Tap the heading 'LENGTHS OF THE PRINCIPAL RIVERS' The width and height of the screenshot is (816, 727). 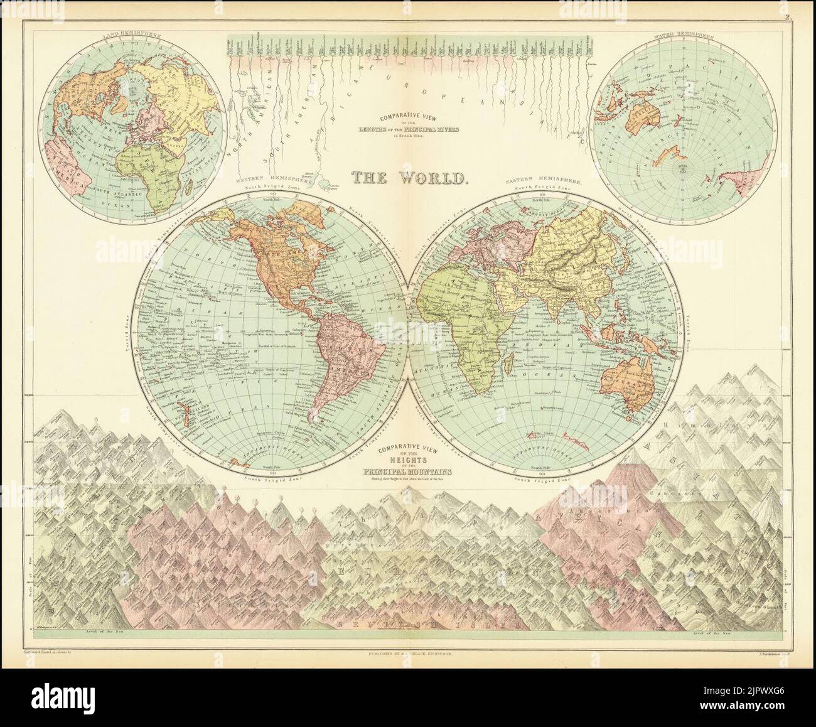coord(409,128)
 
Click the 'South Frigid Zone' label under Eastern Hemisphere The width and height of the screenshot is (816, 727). coord(541,480)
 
